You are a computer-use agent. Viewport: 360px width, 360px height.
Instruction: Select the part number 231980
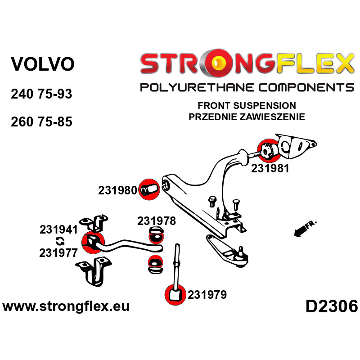tap(117, 190)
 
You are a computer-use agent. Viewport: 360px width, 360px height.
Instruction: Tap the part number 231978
tap(156, 221)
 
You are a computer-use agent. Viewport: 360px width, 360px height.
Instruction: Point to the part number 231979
tap(207, 295)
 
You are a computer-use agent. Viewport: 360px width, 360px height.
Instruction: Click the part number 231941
tap(58, 229)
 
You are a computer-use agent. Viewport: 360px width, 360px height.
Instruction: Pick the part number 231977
tap(58, 252)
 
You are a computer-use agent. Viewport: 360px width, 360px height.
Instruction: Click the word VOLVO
tap(42, 64)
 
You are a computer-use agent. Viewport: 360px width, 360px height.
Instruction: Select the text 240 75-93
tap(41, 94)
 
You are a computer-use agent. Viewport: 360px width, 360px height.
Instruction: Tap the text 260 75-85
tap(41, 121)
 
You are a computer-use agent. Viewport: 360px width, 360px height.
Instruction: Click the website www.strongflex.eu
tap(66, 307)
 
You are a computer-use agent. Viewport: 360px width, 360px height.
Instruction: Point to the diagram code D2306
tap(331, 307)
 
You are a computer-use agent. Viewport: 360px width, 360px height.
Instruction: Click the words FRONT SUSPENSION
tap(247, 106)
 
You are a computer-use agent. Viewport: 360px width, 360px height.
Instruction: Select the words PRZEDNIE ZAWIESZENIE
tap(247, 117)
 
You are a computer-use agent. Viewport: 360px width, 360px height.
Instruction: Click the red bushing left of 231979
tap(175, 294)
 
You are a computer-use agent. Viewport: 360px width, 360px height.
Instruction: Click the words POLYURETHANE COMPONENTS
tap(247, 87)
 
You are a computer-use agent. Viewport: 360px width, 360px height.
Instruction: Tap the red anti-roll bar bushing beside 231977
tap(92, 244)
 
